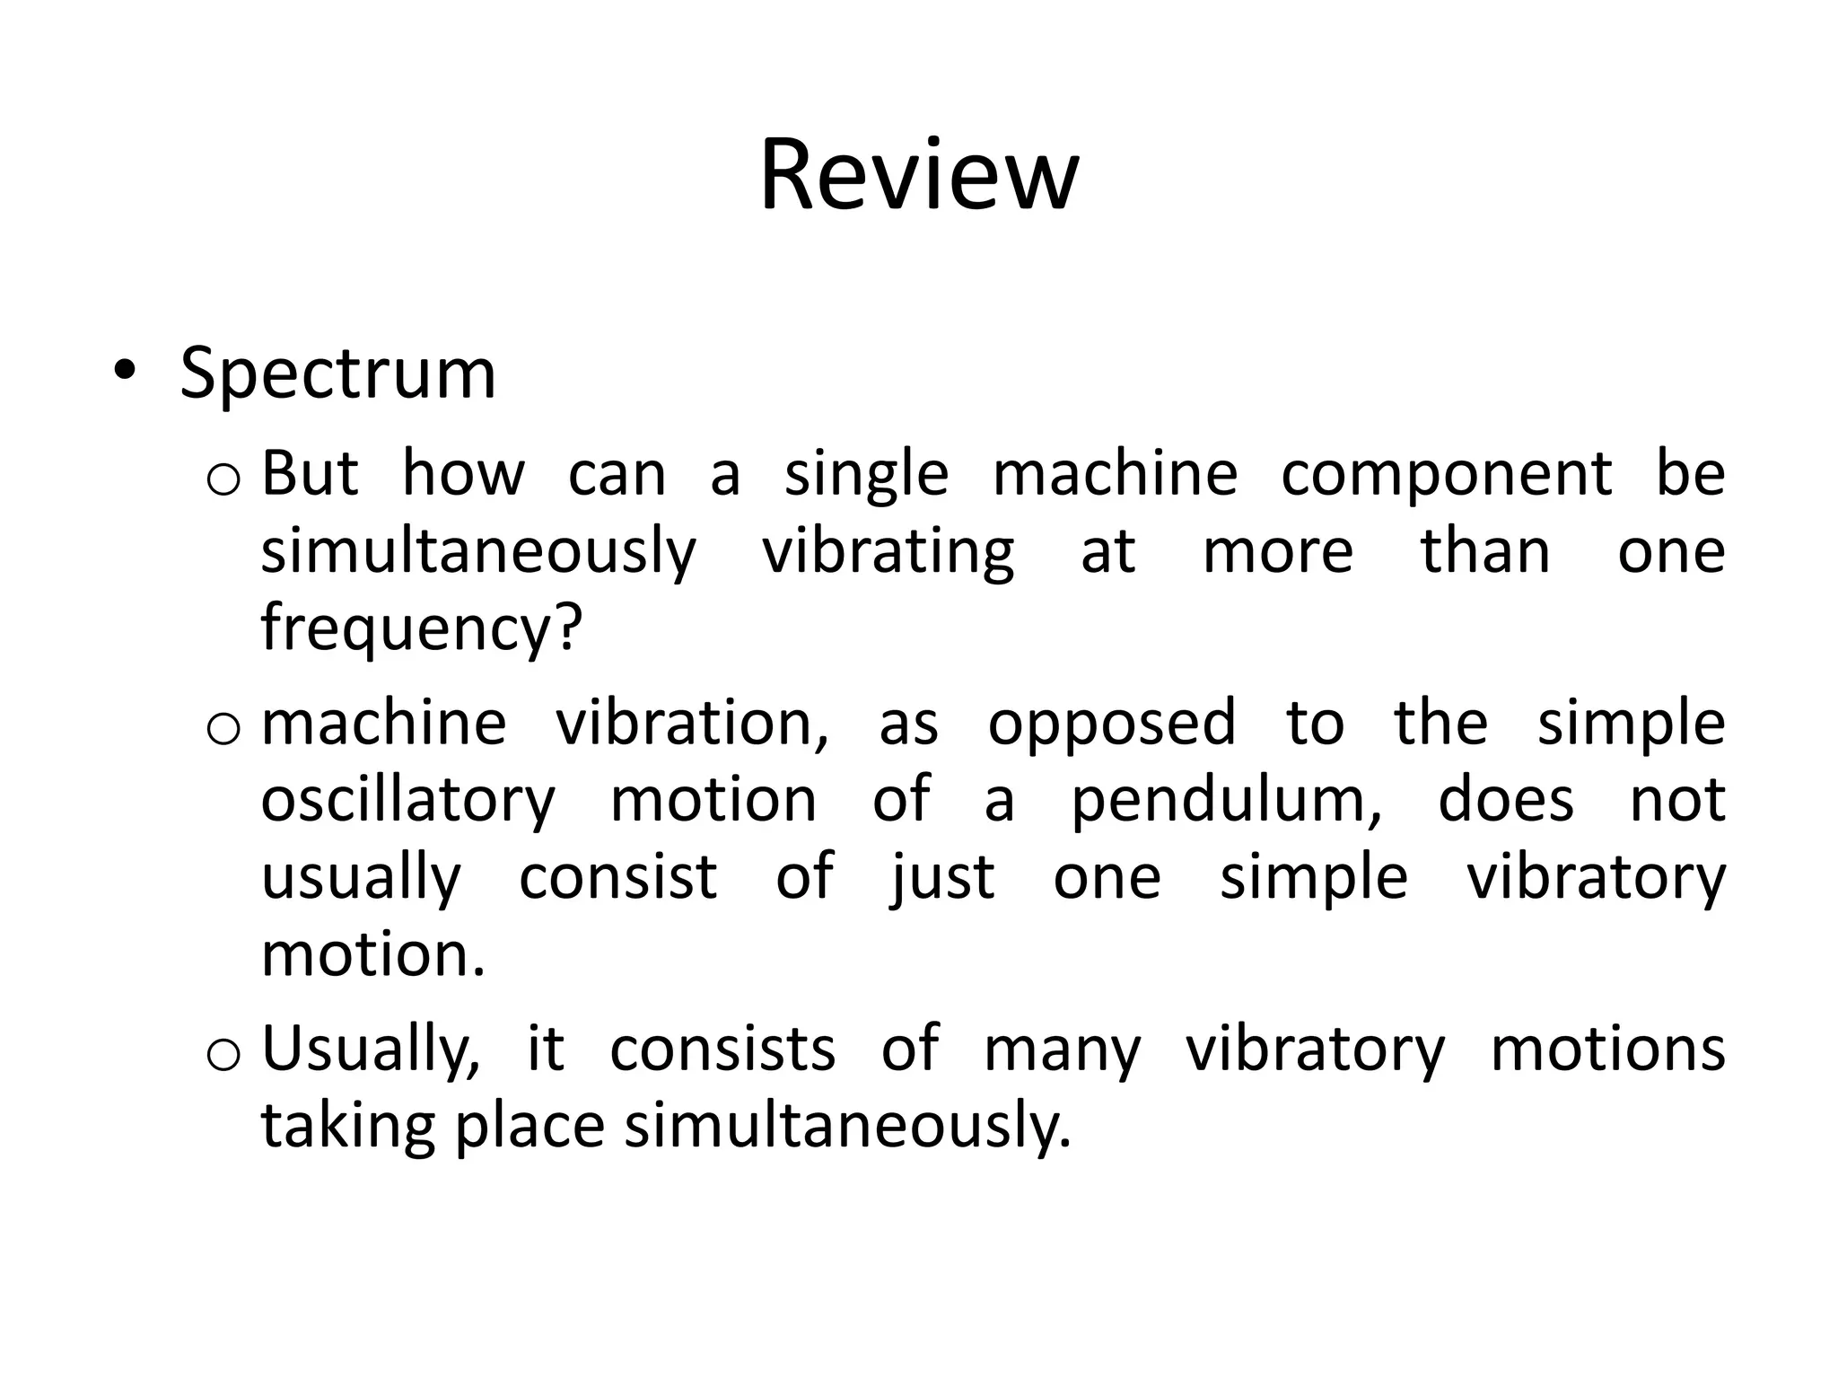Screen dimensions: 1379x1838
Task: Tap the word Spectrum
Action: tap(337, 373)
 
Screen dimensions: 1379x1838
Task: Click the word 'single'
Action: tap(866, 475)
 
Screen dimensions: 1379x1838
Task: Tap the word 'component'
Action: tap(1446, 475)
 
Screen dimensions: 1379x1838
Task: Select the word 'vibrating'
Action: tap(888, 552)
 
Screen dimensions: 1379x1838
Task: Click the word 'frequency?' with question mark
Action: tap(422, 628)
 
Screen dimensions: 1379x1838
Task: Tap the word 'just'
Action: tap(941, 878)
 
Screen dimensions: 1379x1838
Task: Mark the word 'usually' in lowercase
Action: tap(361, 878)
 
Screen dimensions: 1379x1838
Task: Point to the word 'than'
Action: tap(1485, 552)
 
